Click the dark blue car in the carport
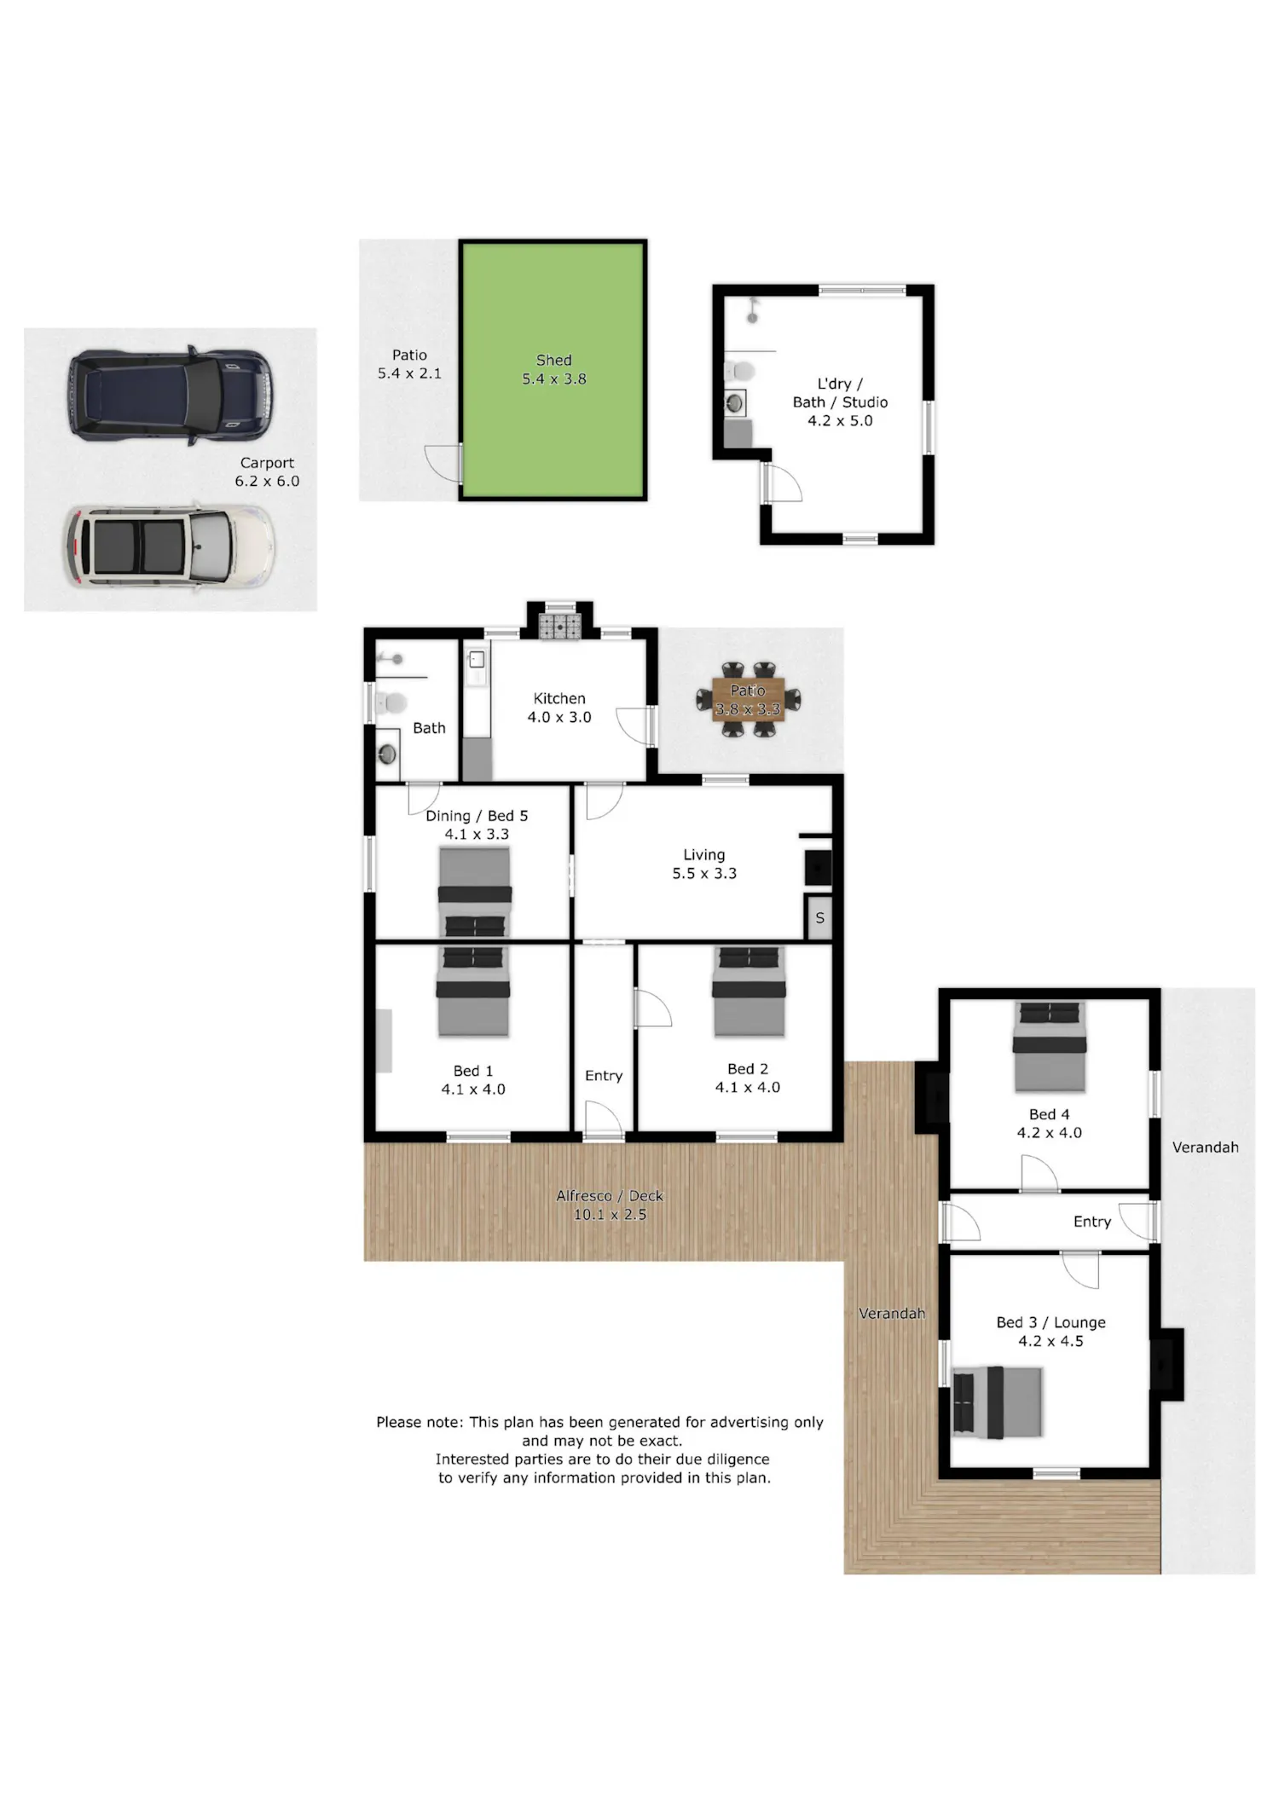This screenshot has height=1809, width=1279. click(171, 396)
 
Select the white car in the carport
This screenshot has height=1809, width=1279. click(170, 546)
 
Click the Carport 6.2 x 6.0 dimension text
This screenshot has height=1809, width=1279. click(268, 481)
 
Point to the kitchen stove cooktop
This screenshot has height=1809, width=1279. click(560, 627)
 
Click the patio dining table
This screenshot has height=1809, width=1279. click(748, 699)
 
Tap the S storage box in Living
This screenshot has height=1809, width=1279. click(819, 918)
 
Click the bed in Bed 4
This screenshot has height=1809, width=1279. click(1050, 1047)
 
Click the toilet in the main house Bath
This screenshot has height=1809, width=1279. click(391, 703)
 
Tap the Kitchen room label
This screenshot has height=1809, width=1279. click(559, 698)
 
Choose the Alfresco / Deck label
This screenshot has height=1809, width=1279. click(610, 1196)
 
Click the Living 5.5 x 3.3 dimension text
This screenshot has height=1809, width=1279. click(704, 873)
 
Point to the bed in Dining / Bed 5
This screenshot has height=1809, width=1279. click(475, 892)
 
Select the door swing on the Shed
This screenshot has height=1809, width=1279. click(443, 464)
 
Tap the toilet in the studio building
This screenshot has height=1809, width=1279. click(739, 372)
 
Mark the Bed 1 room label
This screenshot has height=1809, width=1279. click(473, 1071)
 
